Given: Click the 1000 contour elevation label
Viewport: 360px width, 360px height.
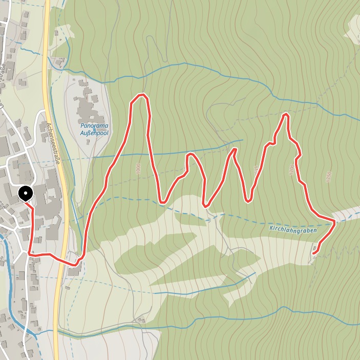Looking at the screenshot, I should pos(138,170).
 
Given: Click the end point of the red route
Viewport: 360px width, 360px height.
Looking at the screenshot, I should pos(313,253).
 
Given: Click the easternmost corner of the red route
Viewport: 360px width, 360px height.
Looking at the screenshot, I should pos(334,222).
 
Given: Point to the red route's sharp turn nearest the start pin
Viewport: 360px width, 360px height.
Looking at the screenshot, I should pos(30,253).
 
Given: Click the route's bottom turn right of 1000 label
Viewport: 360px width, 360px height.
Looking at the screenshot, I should pos(162,202).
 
